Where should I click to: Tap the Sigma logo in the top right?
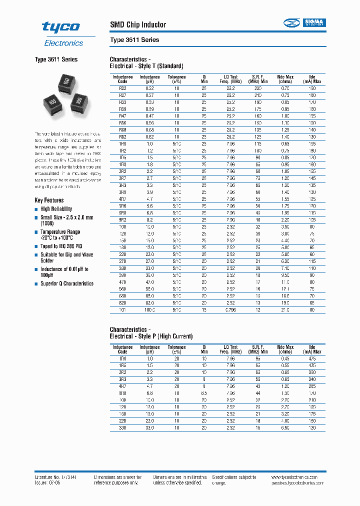pos(304,22)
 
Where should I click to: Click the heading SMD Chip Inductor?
pos(137,25)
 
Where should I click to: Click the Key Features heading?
pos(49,200)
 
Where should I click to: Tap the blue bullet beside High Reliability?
pos(36,209)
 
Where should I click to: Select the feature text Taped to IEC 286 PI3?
pos(61,246)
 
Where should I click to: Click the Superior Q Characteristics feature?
pos(66,283)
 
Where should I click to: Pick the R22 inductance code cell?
pos(122,87)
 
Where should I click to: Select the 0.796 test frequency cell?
pos(230,310)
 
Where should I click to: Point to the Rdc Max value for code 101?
pos(284,310)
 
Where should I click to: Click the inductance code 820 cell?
pos(122,303)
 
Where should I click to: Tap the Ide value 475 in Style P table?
pos(312,358)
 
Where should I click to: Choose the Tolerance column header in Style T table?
pos(176,79)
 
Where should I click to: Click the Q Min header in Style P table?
pos(204,349)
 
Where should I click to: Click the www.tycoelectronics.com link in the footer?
pos(298,477)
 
